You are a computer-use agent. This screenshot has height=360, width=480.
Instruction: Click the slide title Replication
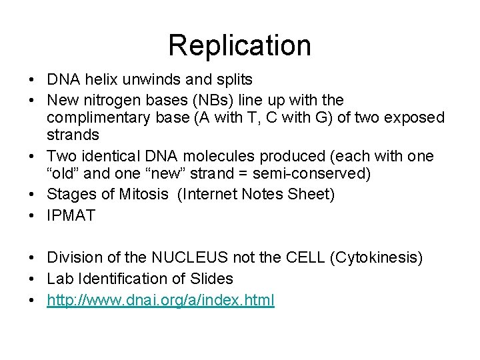(239, 45)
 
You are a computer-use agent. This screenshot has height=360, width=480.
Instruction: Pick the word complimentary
(99, 117)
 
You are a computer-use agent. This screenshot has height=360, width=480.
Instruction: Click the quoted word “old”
(62, 174)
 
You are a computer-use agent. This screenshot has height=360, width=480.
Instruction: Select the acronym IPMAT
(71, 215)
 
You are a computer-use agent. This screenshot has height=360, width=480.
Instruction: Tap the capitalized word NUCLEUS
(183, 257)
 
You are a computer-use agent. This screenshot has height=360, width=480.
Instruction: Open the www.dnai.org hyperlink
(160, 300)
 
